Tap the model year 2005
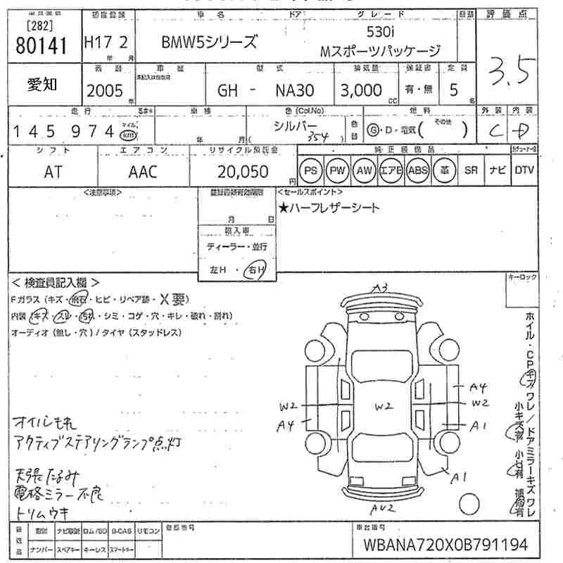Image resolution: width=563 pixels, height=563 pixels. coord(104,90)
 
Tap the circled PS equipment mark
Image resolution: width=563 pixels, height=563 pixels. coord(310,171)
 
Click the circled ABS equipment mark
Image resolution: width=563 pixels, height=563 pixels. coord(417,171)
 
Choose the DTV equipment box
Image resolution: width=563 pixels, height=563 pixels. coord(524,170)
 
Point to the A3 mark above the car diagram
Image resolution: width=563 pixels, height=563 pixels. coord(381,287)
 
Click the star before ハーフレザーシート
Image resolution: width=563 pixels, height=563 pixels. coord(283,208)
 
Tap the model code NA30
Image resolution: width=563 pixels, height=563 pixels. coord(293,90)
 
